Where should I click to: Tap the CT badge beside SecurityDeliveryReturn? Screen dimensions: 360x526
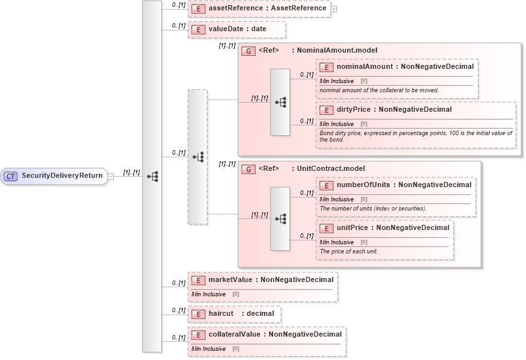point(11,175)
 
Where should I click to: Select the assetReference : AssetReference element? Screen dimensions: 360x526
point(266,8)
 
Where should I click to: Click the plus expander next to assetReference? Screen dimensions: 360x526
point(334,9)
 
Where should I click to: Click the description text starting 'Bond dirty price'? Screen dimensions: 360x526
point(415,136)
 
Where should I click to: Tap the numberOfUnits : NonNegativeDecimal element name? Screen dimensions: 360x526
point(404,185)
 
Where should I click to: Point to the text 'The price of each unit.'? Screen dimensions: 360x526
point(348,251)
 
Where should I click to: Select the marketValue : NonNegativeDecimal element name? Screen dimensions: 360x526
point(270,279)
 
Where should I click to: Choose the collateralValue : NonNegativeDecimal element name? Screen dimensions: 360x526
point(274,334)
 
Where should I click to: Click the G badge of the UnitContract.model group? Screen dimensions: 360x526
point(247,168)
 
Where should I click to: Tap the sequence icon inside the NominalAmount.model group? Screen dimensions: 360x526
point(280,102)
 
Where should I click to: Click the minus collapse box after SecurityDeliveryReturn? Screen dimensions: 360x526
point(111,175)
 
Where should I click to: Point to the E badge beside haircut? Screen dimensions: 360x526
point(197,314)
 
